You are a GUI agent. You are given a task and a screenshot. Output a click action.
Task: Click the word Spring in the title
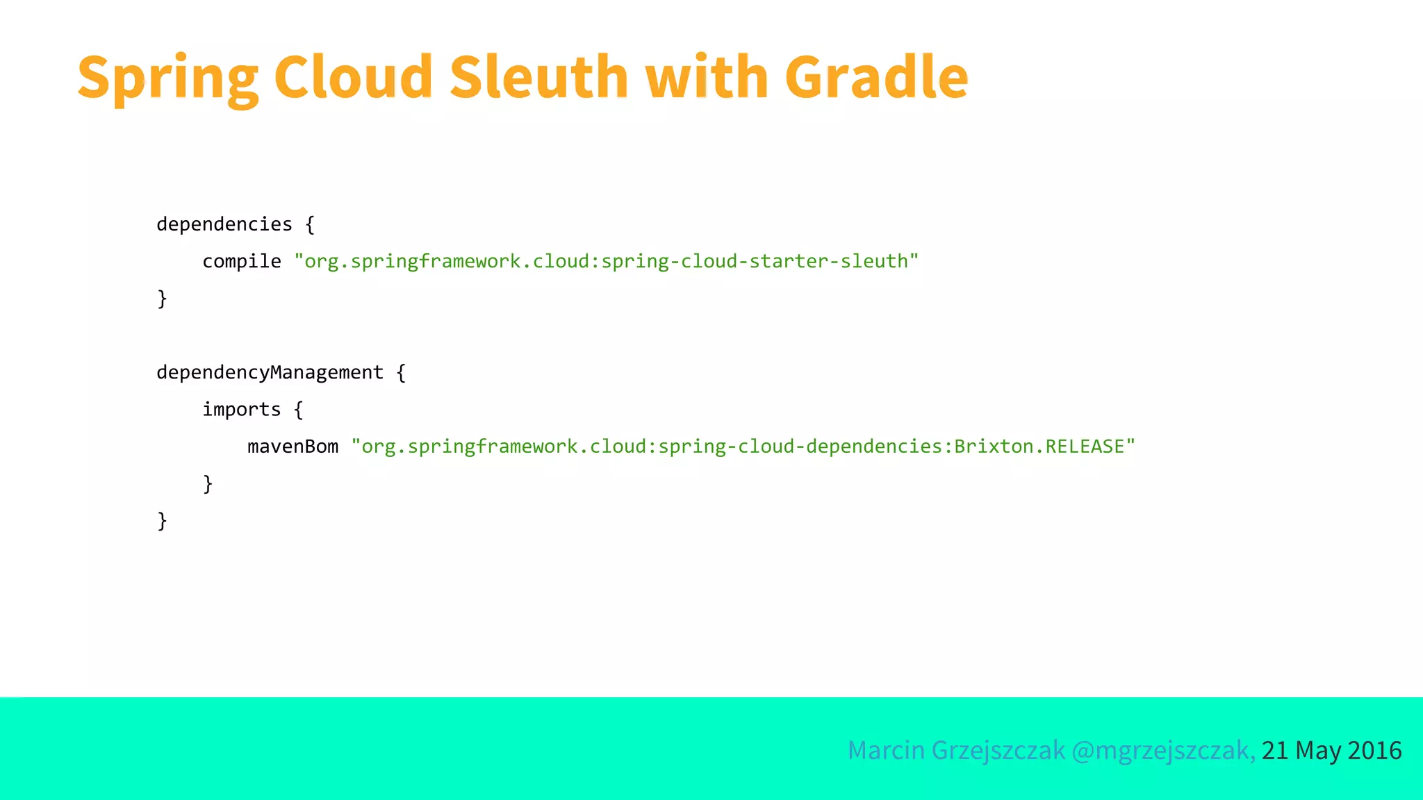pyautogui.click(x=167, y=78)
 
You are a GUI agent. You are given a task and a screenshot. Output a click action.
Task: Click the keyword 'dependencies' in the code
pyautogui.click(x=224, y=224)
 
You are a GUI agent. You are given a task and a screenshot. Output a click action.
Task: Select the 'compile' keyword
pyautogui.click(x=242, y=262)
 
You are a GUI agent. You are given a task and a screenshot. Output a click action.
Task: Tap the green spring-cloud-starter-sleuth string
pyautogui.click(x=606, y=262)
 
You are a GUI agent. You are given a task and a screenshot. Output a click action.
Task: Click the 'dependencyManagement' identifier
pyautogui.click(x=270, y=373)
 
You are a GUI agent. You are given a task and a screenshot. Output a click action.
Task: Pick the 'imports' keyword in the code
pyautogui.click(x=242, y=410)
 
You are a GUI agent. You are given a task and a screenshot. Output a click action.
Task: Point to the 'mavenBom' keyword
pyautogui.click(x=293, y=447)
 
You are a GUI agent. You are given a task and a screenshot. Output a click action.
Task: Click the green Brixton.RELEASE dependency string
pyautogui.click(x=743, y=447)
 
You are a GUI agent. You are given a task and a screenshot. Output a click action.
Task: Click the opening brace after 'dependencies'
pyautogui.click(x=310, y=224)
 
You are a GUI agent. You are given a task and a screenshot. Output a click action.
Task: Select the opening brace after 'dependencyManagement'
pyautogui.click(x=401, y=373)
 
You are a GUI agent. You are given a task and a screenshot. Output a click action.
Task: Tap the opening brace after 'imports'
pyautogui.click(x=299, y=410)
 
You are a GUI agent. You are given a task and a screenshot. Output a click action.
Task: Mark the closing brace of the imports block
pyautogui.click(x=208, y=483)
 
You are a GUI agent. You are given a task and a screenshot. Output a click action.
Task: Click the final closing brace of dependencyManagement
pyautogui.click(x=163, y=521)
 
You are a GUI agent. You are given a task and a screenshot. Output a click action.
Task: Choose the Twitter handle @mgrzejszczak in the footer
pyautogui.click(x=1163, y=751)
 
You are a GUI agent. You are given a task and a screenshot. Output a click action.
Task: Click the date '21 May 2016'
pyautogui.click(x=1331, y=751)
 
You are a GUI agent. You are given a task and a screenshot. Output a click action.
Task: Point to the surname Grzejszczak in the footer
pyautogui.click(x=998, y=751)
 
